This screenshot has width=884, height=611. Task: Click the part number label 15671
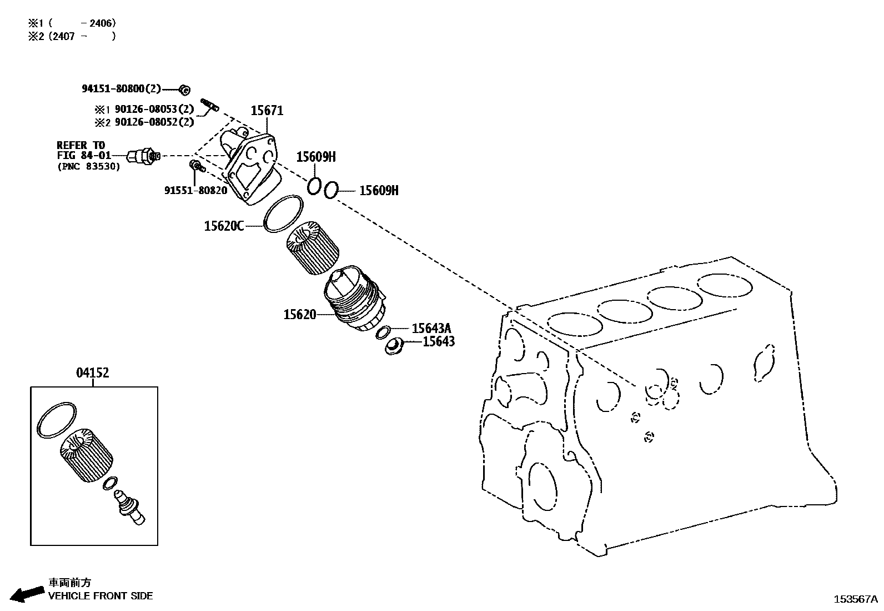(x=267, y=111)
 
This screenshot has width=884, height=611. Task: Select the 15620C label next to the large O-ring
(x=224, y=226)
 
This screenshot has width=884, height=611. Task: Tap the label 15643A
(x=431, y=329)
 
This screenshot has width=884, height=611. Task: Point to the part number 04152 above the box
(x=92, y=373)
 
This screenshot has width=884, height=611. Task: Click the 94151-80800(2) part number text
(x=121, y=88)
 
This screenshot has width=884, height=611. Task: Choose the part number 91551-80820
(x=195, y=190)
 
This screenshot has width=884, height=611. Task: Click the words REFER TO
(x=81, y=145)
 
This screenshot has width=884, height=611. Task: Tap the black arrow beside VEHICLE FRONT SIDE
(x=27, y=594)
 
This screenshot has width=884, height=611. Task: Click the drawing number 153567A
(x=855, y=599)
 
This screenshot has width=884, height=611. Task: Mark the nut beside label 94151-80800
(x=185, y=89)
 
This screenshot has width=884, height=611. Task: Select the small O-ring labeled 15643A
(x=382, y=332)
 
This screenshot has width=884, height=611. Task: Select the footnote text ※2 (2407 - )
(x=72, y=37)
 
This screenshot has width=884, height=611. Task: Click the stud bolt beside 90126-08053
(x=210, y=104)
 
